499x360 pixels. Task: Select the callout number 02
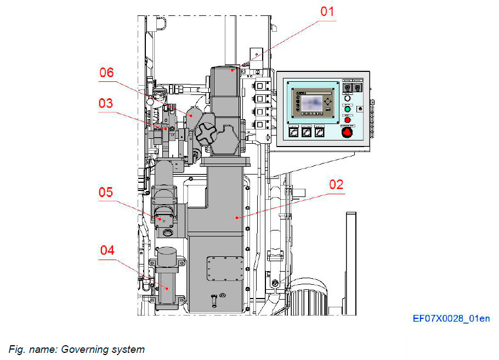point(336,184)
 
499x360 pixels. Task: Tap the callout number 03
point(106,103)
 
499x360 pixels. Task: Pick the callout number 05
point(106,192)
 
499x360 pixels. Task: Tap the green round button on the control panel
point(347,109)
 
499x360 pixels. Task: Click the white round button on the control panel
point(347,99)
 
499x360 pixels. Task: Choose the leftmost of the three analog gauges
point(293,132)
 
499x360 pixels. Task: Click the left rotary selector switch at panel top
point(346,87)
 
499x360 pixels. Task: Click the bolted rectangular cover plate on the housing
point(224,270)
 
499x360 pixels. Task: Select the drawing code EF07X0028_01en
point(451,318)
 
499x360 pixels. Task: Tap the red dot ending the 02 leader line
point(236,218)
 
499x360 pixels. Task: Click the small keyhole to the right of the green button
point(360,109)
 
